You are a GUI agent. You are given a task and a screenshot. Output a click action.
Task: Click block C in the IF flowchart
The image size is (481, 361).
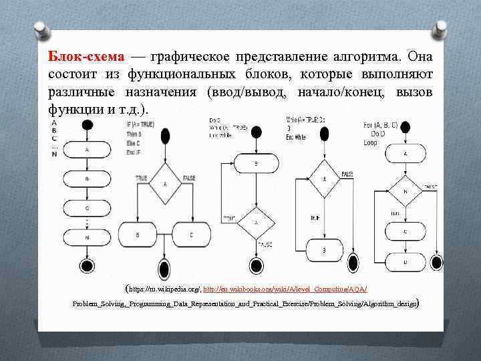tap(190, 235)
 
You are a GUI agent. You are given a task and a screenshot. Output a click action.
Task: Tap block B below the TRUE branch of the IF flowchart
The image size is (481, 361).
tap(138, 235)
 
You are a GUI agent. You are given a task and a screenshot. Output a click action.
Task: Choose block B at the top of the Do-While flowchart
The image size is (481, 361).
tap(257, 162)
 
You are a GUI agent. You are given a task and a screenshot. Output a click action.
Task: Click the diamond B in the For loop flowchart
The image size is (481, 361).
tap(405, 192)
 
